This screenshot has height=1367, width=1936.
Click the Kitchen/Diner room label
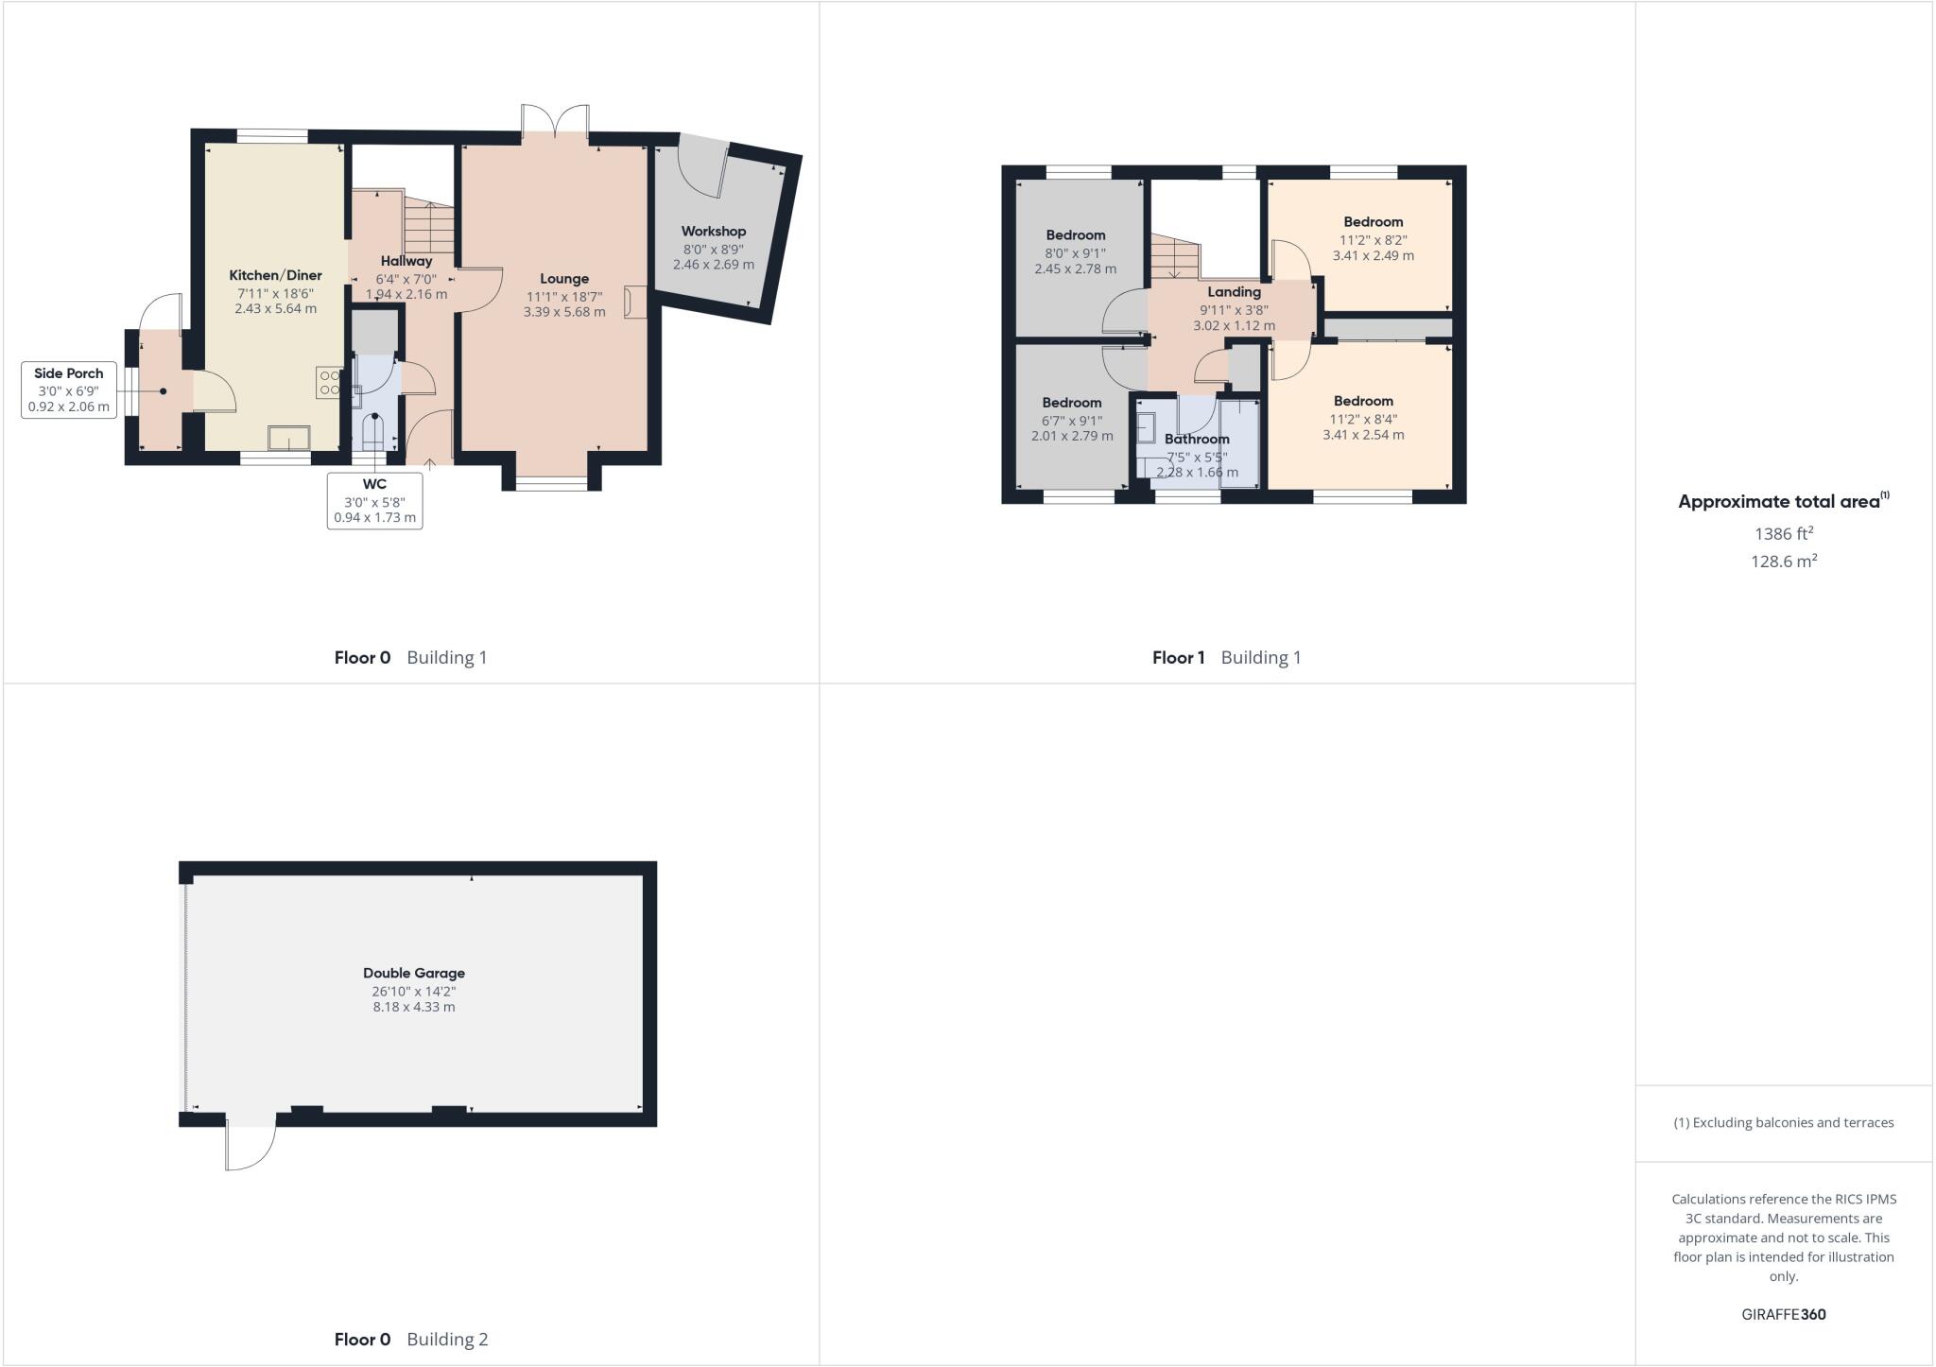275,275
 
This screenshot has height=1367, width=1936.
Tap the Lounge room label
564,279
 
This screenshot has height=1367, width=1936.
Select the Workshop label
714,232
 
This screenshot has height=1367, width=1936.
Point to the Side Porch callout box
69,389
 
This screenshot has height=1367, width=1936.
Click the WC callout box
374,500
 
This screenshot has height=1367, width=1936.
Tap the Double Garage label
414,973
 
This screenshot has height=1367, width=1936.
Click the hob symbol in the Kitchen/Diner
329,382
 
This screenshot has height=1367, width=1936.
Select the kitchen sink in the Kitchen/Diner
288,439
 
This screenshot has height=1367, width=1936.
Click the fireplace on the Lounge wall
633,302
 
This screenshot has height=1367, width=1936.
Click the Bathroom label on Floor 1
1197,439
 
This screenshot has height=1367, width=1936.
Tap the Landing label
1234,292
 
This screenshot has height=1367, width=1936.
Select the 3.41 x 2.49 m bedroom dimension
1373,255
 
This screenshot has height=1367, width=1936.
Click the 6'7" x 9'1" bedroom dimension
1072,420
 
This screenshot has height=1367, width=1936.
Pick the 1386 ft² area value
1783,534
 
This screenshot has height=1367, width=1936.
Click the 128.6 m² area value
1783,562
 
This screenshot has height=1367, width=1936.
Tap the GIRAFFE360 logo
1783,1314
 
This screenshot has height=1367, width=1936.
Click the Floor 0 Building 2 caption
411,1339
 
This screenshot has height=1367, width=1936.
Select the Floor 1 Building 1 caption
1226,657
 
